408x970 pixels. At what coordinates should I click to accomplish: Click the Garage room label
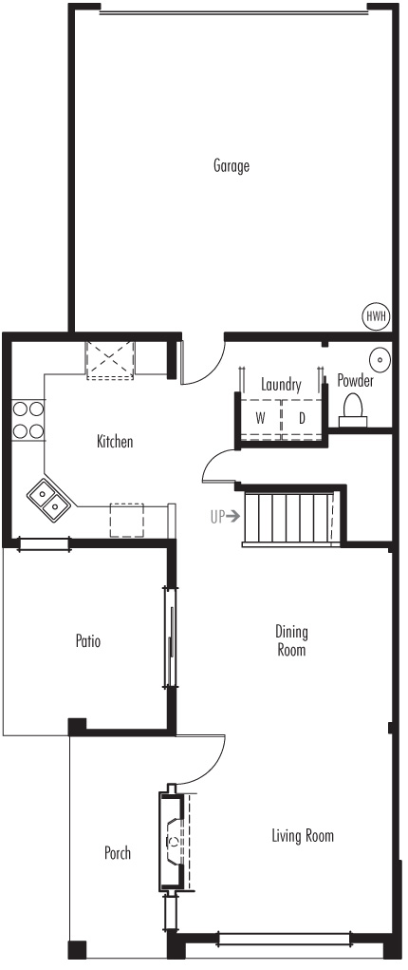point(232,166)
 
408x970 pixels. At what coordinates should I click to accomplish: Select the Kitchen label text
point(115,442)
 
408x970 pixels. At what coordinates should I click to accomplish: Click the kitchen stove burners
point(28,419)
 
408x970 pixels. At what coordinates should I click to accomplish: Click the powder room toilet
point(353,409)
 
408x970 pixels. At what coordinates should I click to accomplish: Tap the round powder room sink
point(379,359)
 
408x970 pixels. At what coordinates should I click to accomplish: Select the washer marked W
point(260,419)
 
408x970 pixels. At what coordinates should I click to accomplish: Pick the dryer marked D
point(302,419)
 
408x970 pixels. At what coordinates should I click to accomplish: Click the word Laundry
point(281,385)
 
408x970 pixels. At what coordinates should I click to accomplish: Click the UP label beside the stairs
point(216,516)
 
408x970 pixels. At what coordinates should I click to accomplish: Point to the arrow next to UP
point(232,516)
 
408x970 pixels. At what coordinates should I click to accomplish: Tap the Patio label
point(88,640)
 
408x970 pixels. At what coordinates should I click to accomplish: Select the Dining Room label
point(291,641)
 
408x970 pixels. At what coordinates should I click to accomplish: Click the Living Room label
point(303,836)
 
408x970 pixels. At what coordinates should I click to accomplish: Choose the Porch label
point(118,853)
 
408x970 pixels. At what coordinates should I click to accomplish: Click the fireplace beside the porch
point(173,841)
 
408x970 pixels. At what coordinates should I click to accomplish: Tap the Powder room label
point(356,380)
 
